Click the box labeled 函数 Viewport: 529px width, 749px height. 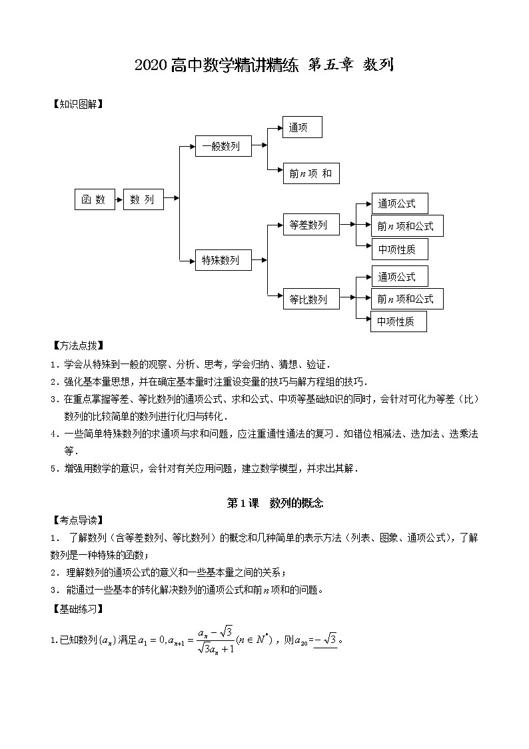tap(93, 199)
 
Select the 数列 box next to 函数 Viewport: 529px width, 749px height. tap(143, 199)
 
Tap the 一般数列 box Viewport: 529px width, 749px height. tap(223, 146)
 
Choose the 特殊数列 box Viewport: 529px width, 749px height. tap(223, 259)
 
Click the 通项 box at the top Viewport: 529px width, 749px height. tap(302, 127)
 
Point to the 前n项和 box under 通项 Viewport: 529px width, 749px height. tap(310, 173)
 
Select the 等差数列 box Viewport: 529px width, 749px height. tap(310, 225)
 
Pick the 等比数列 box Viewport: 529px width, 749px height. tap(310, 299)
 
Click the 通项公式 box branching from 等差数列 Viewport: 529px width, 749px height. tap(398, 203)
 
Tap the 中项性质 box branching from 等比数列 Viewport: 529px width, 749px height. tap(398, 321)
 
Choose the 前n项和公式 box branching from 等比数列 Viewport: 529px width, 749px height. tap(406, 299)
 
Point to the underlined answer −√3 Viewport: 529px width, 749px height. tap(325, 641)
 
